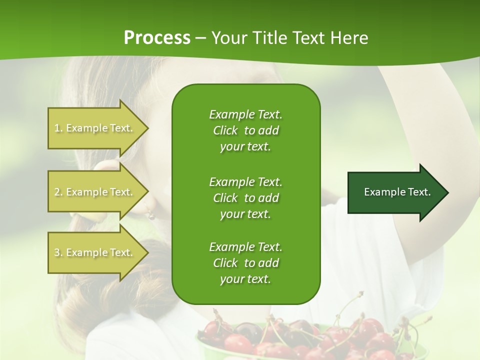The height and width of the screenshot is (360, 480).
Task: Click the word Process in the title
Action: pyautogui.click(x=157, y=38)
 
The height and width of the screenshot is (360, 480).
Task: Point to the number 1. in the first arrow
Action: pyautogui.click(x=58, y=128)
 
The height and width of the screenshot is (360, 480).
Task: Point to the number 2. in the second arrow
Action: pyautogui.click(x=58, y=192)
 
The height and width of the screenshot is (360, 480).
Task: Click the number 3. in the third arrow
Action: pyautogui.click(x=58, y=252)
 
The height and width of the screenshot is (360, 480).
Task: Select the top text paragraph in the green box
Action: pyautogui.click(x=245, y=130)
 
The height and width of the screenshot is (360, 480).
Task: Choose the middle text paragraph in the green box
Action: pyautogui.click(x=245, y=197)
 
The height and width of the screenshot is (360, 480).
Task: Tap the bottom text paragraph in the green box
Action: pyautogui.click(x=245, y=263)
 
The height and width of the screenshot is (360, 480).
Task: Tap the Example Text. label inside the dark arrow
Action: pyautogui.click(x=397, y=192)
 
